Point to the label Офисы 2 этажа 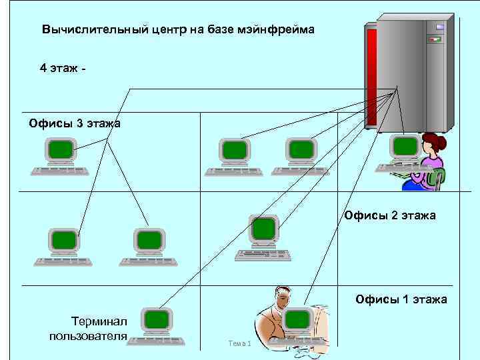[389, 215]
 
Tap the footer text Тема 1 [239, 343]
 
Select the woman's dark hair [434, 141]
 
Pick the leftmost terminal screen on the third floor [61, 150]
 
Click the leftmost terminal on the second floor [64, 240]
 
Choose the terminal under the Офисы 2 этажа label [264, 230]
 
